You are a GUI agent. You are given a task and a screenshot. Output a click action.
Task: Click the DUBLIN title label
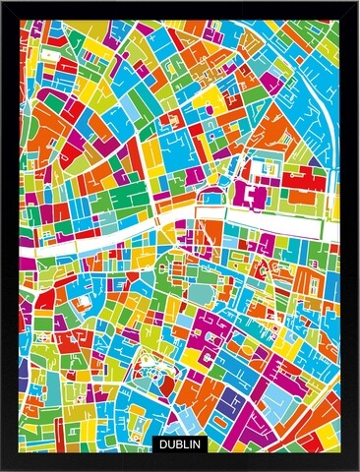(x=180, y=444)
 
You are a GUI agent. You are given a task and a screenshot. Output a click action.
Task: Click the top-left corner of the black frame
(x=3, y=3)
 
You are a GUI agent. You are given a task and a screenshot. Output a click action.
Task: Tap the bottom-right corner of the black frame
(x=356, y=468)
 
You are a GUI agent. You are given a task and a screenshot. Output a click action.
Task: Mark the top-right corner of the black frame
(x=356, y=3)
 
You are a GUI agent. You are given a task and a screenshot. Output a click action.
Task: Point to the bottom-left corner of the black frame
(x=3, y=468)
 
